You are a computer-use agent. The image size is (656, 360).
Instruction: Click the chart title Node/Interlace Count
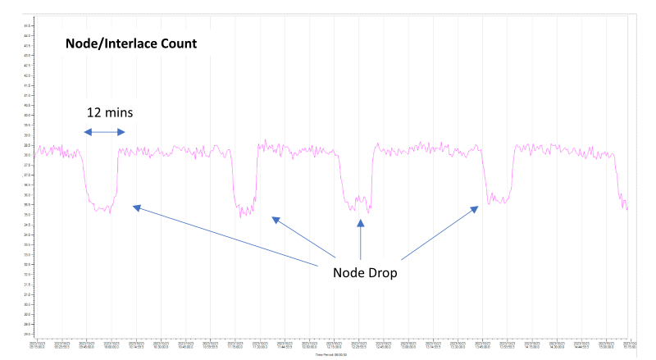point(131,43)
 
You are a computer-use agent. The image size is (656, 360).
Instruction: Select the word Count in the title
point(178,43)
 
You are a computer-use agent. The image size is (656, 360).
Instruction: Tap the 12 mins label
point(110,112)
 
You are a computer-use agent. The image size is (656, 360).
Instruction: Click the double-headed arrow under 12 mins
point(105,132)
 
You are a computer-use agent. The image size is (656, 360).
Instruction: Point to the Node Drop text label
point(366,272)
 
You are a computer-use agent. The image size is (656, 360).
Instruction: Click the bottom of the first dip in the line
point(102,210)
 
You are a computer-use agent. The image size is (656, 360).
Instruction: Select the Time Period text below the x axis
point(332,353)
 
